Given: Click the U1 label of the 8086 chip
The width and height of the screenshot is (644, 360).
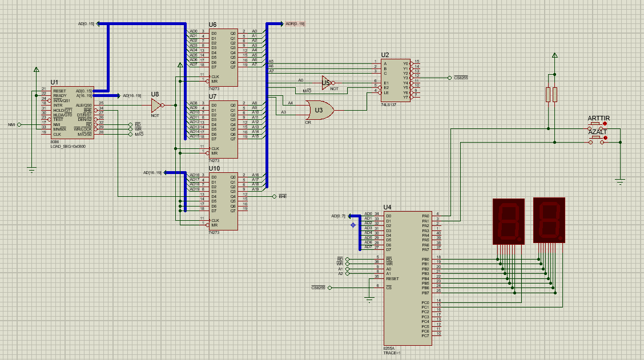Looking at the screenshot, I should pyautogui.click(x=54, y=83).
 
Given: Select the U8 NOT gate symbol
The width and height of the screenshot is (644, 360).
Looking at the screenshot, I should pyautogui.click(x=156, y=105).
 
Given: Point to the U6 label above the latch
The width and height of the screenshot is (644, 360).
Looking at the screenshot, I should pyautogui.click(x=213, y=25).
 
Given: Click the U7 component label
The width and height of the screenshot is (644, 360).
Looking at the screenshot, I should pyautogui.click(x=213, y=97).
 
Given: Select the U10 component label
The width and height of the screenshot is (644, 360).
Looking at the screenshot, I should pyautogui.click(x=214, y=169).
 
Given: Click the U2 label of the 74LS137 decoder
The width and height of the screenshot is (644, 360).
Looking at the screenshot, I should pyautogui.click(x=385, y=55).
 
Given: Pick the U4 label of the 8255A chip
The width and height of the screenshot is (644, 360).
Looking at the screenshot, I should pyautogui.click(x=388, y=207).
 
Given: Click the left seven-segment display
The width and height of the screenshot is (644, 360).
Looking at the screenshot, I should pyautogui.click(x=508, y=221).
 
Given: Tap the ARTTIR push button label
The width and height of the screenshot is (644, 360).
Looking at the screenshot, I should pyautogui.click(x=599, y=118).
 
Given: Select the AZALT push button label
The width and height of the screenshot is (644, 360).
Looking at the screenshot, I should pyautogui.click(x=597, y=132).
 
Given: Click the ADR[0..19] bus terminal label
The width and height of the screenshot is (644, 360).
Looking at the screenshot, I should pyautogui.click(x=295, y=24).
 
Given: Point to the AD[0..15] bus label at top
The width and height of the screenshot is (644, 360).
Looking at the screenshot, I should pyautogui.click(x=86, y=24).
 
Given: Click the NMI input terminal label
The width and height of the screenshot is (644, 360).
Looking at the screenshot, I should pyautogui.click(x=11, y=124).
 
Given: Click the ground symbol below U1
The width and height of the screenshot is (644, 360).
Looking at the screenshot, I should pyautogui.click(x=32, y=169).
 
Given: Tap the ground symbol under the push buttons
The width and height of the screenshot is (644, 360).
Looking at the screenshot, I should pyautogui.click(x=620, y=181).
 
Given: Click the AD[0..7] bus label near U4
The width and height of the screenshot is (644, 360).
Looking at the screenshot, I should pyautogui.click(x=339, y=216).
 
